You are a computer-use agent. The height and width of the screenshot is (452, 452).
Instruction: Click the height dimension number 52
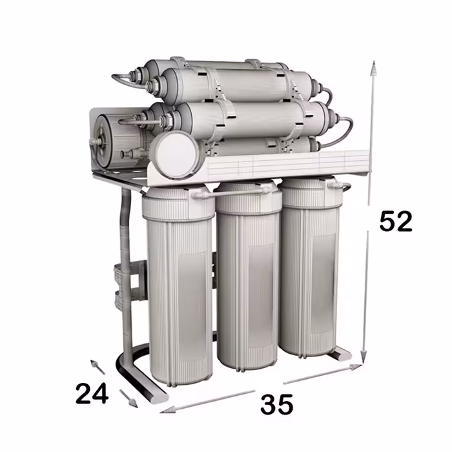396,221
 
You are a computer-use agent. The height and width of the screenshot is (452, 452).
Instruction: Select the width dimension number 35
277,404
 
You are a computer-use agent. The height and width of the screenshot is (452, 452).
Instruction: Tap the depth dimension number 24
92,393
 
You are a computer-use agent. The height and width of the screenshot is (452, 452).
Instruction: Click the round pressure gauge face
176,154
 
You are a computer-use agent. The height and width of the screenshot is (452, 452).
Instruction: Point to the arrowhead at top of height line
373,68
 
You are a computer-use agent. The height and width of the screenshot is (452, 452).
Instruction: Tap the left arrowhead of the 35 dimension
168,409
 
